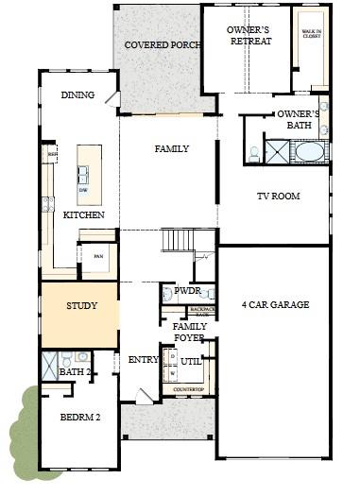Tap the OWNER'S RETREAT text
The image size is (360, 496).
(x=249, y=35)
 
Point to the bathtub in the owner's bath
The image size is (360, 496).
(x=310, y=151)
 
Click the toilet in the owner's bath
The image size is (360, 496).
(x=254, y=152)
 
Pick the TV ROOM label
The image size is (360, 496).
(x=278, y=197)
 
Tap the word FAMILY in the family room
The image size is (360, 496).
(x=171, y=149)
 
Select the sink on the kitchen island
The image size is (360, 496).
(x=84, y=174)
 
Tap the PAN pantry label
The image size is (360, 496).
(x=96, y=255)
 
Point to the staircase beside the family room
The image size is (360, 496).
(x=178, y=240)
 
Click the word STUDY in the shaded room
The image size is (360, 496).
(x=82, y=307)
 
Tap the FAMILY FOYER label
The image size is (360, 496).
(x=190, y=332)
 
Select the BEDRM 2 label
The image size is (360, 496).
(x=79, y=417)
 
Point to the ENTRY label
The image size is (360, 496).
(x=143, y=359)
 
